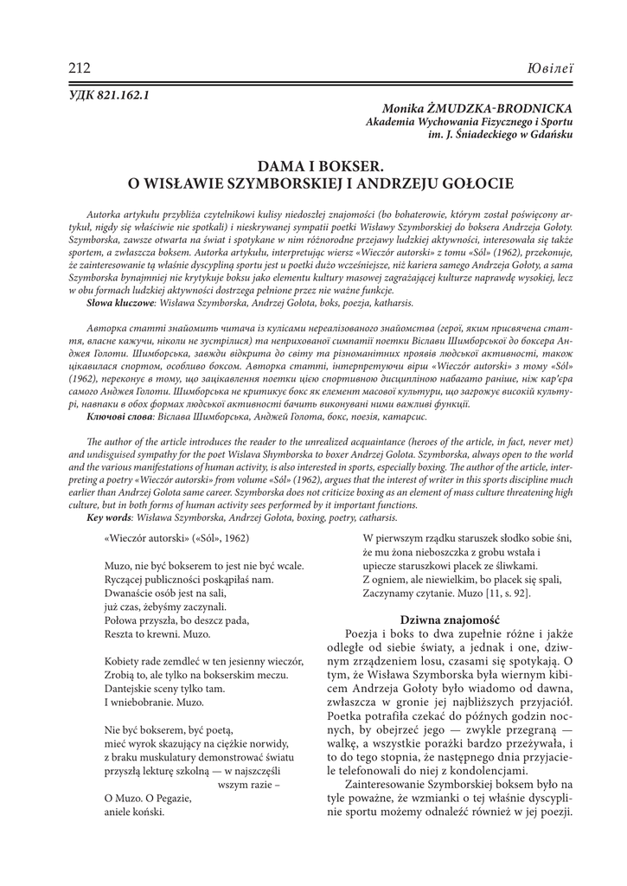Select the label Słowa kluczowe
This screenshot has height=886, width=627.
(x=119, y=305)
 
